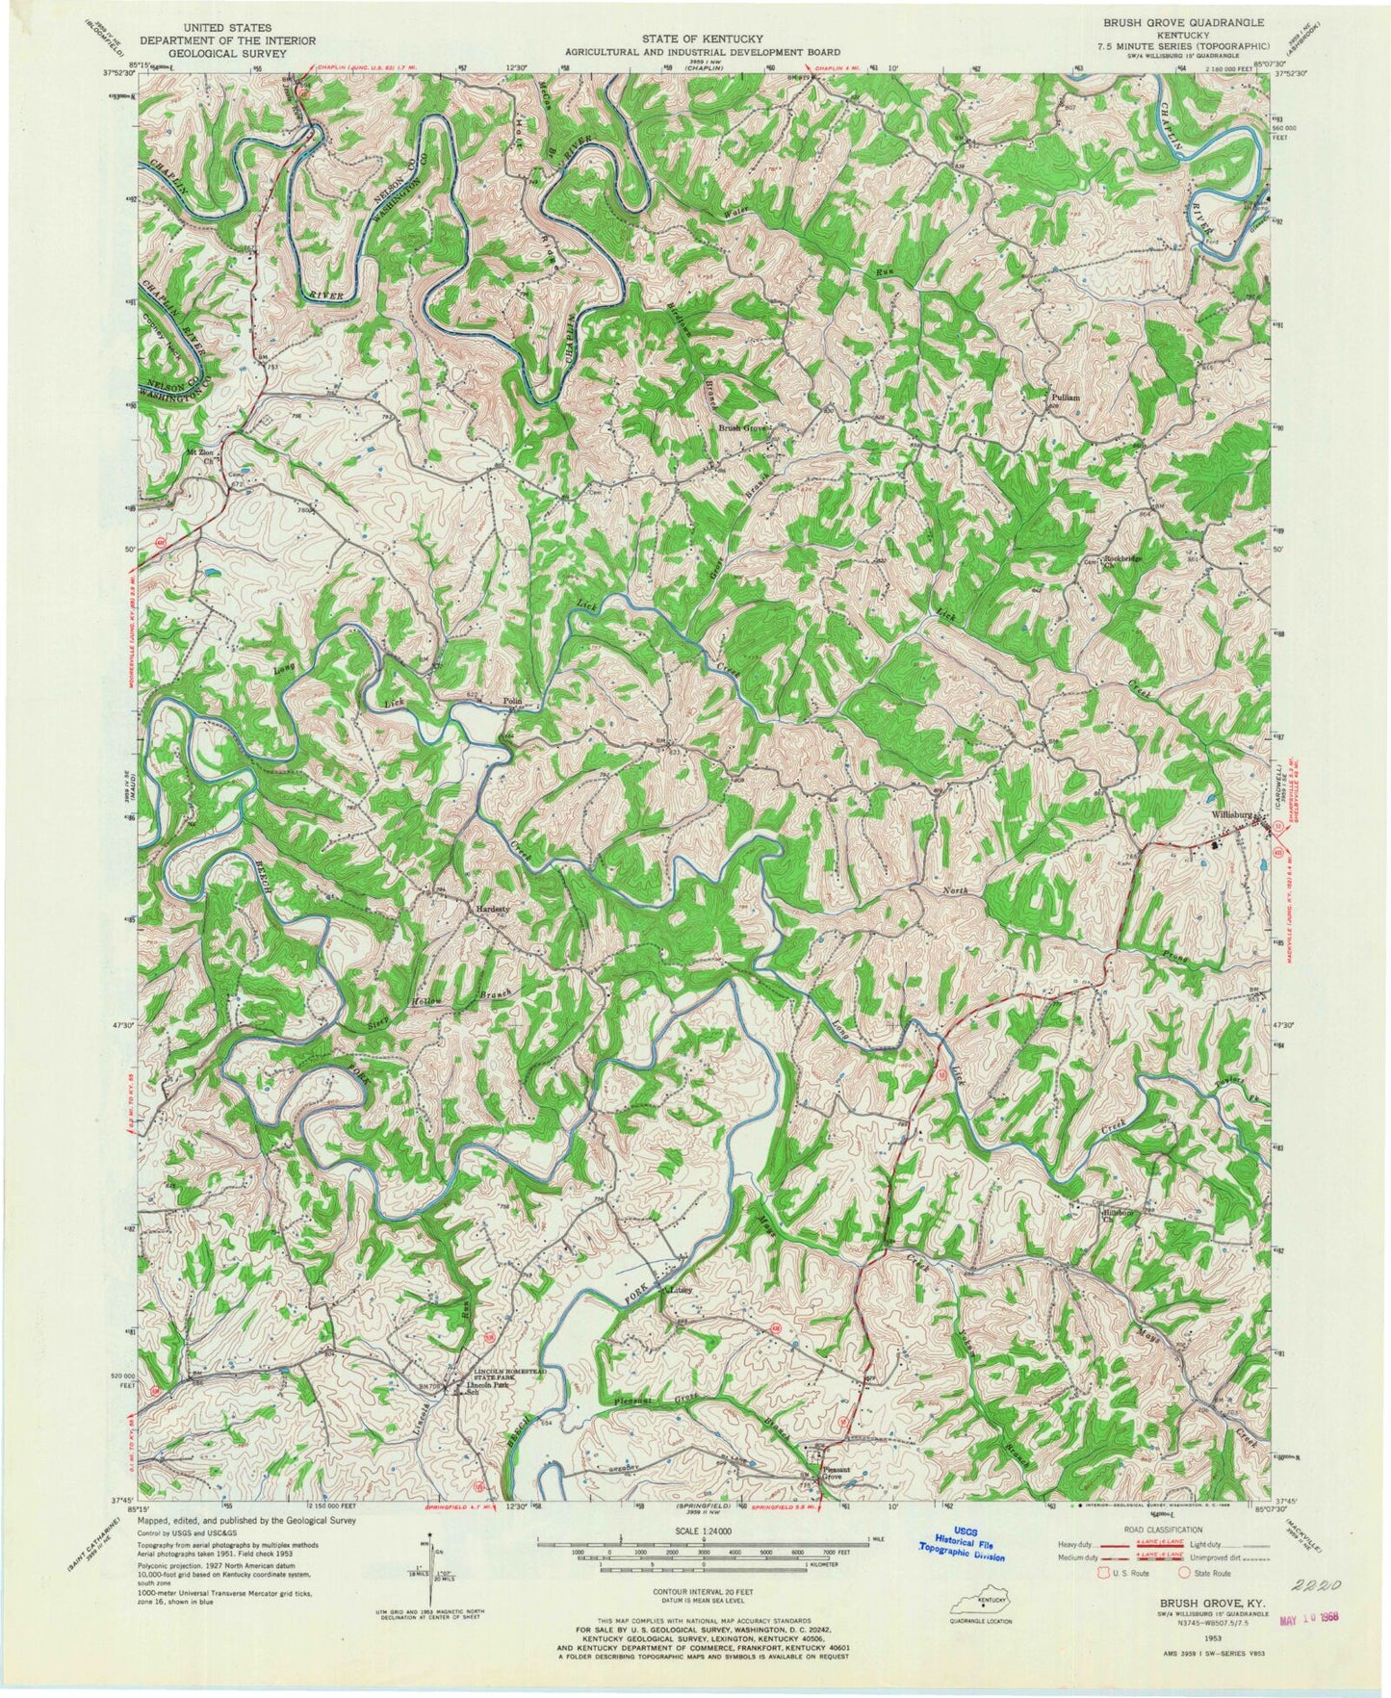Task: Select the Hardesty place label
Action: tap(488, 906)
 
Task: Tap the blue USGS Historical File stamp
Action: tap(959, 1550)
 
